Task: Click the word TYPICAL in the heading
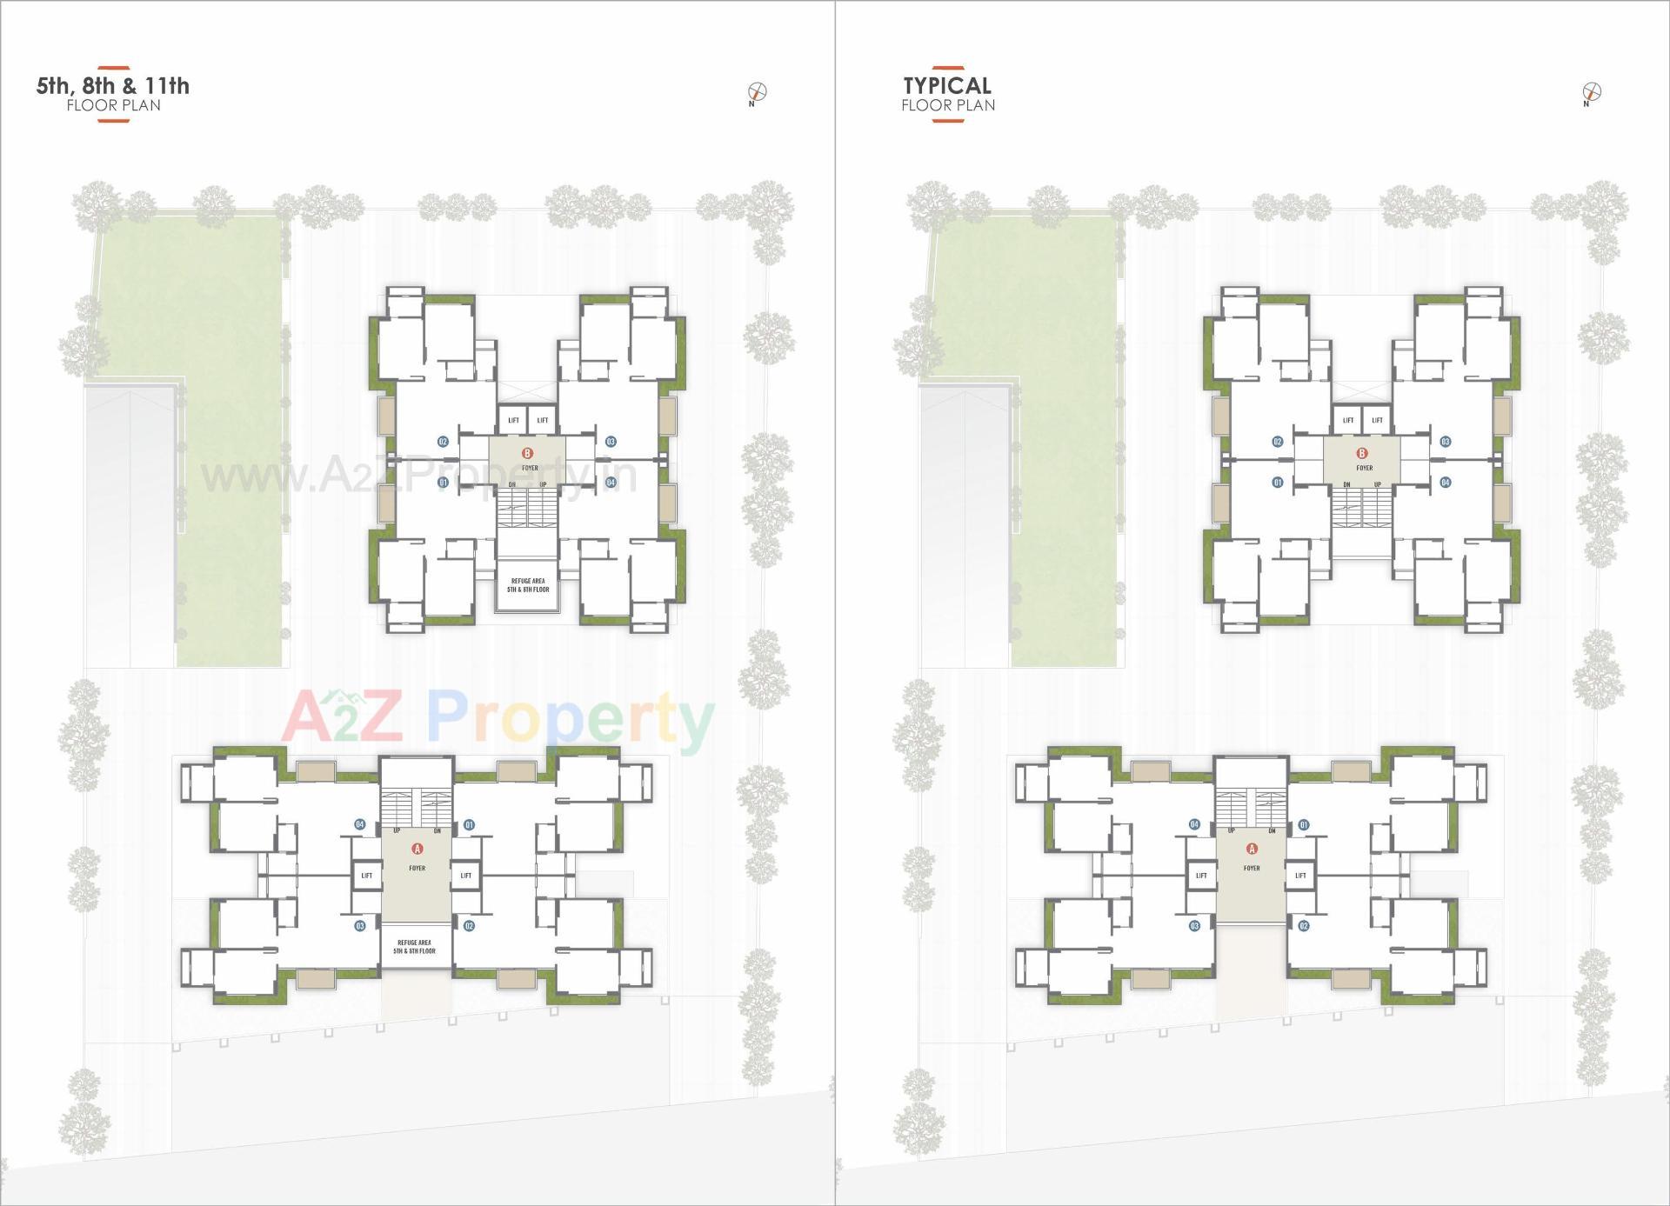947,86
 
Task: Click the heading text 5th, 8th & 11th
113,86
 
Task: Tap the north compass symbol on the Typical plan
1592,91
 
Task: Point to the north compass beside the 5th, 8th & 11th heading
757,91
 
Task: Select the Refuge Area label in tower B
528,585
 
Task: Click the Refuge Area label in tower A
414,947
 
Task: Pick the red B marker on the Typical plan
1362,453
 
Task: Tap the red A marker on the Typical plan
1252,849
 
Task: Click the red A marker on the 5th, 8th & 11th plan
417,849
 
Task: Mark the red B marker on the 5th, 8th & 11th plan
527,453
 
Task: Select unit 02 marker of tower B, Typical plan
1278,442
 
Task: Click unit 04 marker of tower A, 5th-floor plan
360,824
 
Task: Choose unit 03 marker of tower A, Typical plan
1195,926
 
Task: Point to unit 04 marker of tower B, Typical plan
1446,482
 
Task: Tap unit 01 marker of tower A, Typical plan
1304,824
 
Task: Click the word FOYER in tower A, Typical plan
1252,868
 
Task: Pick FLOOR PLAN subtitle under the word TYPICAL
948,106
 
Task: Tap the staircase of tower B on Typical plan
1362,507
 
